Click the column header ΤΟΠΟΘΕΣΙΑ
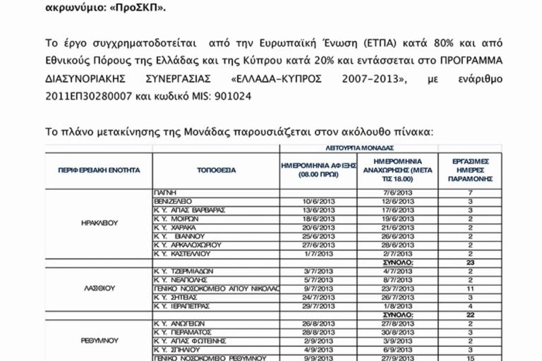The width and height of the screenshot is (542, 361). tap(216, 170)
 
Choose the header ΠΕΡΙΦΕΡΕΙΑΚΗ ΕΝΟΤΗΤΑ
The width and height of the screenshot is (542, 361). tap(99, 170)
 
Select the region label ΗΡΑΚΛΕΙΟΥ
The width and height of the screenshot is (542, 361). tap(99, 223)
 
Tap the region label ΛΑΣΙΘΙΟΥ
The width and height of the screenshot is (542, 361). tap(99, 288)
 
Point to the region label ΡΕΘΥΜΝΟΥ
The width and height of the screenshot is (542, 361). tap(99, 341)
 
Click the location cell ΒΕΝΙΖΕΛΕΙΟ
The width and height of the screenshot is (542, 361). tap(172, 201)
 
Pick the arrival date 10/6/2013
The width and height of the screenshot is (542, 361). tap(318, 201)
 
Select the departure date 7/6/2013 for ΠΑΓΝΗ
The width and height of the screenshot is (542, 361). tap(397, 192)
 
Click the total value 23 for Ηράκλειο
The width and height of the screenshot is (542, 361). tap(469, 262)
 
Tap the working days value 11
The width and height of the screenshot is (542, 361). tap(469, 288)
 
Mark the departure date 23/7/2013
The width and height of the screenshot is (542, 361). tap(397, 288)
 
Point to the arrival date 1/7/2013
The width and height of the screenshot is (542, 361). tap(318, 253)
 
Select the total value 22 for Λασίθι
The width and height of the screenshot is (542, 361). tap(469, 314)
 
